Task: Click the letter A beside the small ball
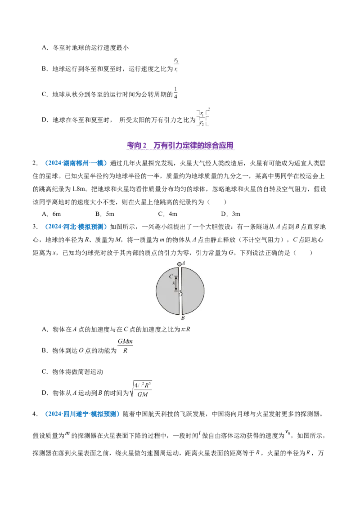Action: click(184, 263)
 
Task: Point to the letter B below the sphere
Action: click(183, 318)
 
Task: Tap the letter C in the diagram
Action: click(171, 277)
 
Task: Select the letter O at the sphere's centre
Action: click(180, 295)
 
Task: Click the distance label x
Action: click(173, 283)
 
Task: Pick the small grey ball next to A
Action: click(180, 264)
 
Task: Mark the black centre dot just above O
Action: click(180, 291)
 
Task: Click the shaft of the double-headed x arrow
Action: click(176, 283)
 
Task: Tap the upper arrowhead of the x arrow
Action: click(176, 278)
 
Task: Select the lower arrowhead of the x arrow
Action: click(176, 289)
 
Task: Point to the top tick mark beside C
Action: click(176, 276)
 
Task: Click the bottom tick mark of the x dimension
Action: click(176, 290)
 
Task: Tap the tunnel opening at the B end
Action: click(180, 313)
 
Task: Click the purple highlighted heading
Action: click(181, 146)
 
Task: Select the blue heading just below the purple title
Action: click(76, 164)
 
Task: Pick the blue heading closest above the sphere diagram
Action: click(76, 227)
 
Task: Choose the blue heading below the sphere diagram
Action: click(82, 413)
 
